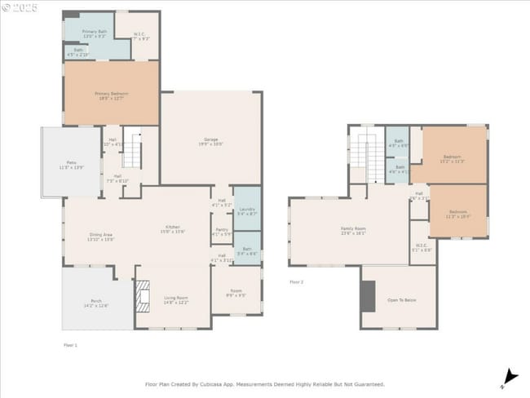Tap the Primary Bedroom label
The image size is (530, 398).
click(111, 94)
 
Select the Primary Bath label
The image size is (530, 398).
click(94, 32)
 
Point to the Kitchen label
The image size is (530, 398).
click(173, 227)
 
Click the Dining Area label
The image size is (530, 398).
click(102, 235)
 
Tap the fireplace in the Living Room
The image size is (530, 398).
click(144, 297)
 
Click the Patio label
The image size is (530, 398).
click(72, 163)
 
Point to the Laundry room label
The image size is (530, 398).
click(247, 210)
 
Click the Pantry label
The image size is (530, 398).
click(222, 230)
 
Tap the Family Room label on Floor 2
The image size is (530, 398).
click(352, 228)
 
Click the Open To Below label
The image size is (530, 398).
click(400, 300)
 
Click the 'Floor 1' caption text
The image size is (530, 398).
click(70, 345)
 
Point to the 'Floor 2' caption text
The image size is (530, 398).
click(296, 282)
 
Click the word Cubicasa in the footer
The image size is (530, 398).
click(225, 383)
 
